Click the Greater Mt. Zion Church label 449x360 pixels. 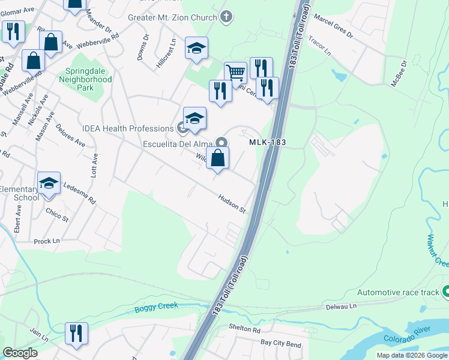172,17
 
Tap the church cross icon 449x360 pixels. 226,16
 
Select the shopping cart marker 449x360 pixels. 236,73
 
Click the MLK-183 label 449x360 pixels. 267,142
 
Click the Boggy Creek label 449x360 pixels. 157,307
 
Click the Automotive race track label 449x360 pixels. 398,292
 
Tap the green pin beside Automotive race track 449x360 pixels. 446,292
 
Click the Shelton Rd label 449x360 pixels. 245,329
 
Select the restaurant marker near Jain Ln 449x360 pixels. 76,334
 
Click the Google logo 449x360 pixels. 20,353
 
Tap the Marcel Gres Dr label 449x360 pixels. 333,27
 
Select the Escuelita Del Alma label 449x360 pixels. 179,143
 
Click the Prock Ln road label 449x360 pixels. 47,241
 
